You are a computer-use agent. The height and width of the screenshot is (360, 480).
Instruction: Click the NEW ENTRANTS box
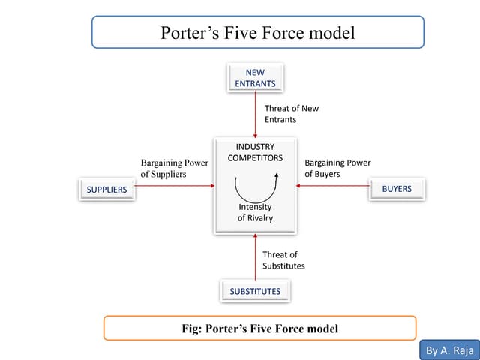(x=255, y=78)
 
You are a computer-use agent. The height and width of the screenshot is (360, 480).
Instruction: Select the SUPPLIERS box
(x=106, y=190)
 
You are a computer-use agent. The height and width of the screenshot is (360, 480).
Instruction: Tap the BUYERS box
(x=397, y=189)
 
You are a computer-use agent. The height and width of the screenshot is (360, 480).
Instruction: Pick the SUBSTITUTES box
(x=255, y=291)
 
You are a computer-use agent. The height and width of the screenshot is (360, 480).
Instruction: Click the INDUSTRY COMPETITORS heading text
(x=255, y=152)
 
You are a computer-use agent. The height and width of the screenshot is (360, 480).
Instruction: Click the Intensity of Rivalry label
(x=255, y=212)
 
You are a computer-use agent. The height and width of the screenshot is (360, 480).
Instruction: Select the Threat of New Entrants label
(x=291, y=114)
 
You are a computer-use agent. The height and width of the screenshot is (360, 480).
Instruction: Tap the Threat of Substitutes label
(x=283, y=260)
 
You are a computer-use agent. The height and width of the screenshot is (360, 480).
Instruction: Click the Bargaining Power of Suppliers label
(x=174, y=168)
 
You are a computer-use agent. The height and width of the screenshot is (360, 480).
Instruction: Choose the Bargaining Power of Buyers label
(x=337, y=168)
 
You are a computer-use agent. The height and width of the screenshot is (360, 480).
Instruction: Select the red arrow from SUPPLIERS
(x=172, y=187)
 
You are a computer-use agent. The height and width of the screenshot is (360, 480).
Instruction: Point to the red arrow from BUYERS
(x=333, y=187)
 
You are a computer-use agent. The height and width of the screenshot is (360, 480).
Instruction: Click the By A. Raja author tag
(x=447, y=350)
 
